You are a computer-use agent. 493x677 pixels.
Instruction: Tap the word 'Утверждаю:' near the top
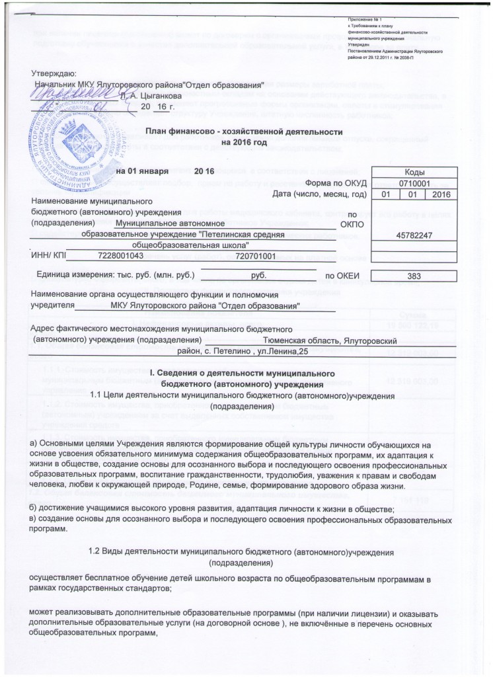point(54,73)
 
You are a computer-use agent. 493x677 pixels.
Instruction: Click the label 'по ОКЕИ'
point(342,276)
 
